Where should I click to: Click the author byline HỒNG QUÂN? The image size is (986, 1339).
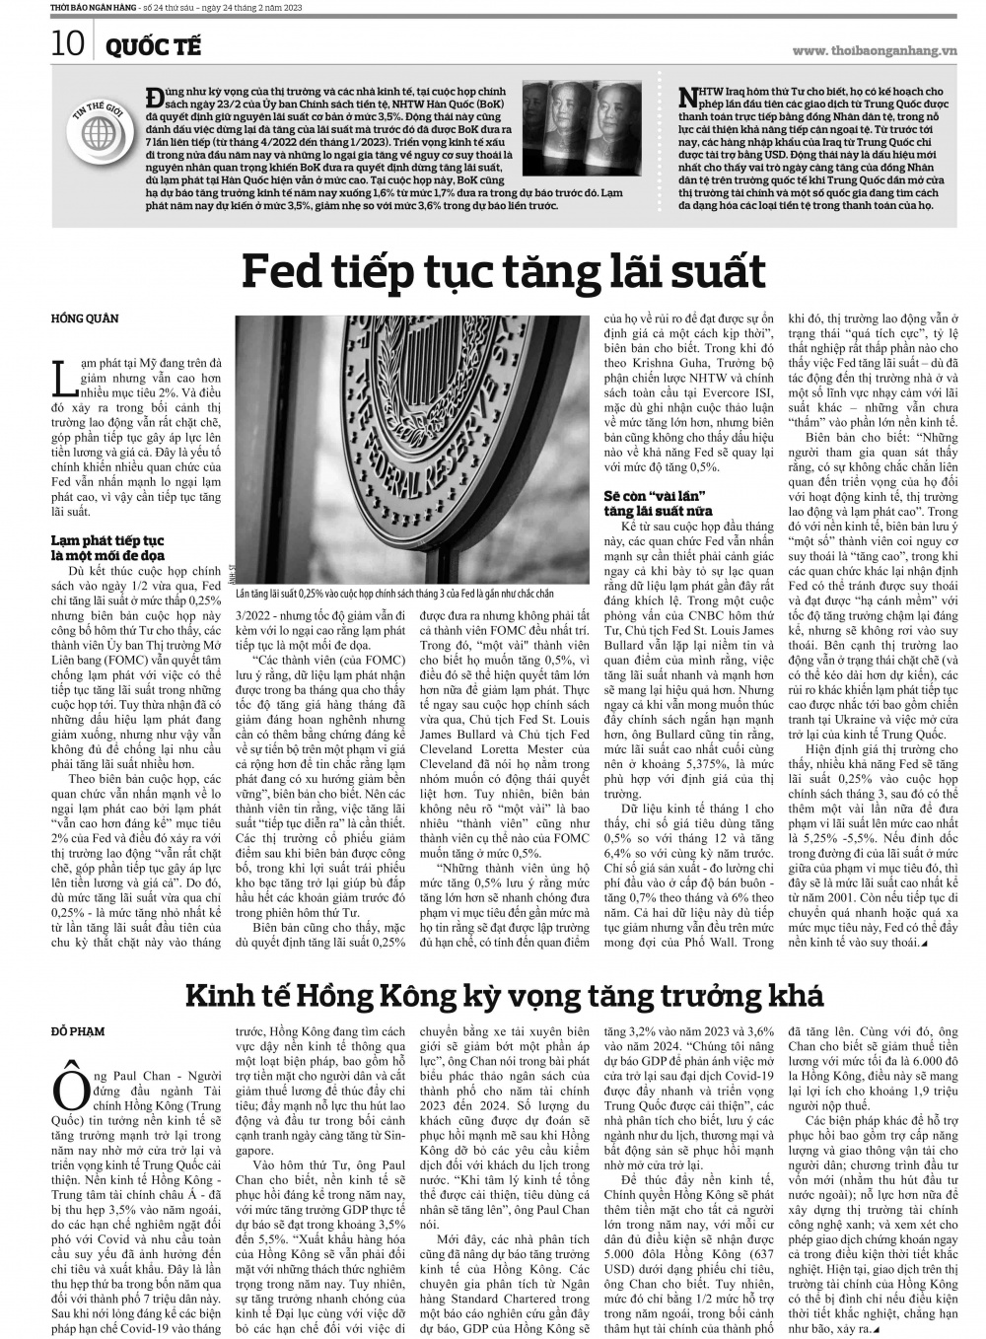click(x=85, y=317)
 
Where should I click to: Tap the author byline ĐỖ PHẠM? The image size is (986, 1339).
click(x=79, y=1031)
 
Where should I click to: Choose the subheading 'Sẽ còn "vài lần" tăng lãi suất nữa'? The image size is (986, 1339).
click(x=657, y=500)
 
